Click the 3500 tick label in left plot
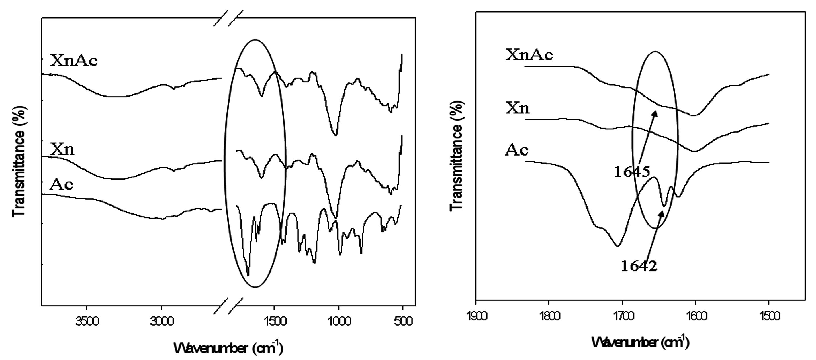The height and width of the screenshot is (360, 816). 87,321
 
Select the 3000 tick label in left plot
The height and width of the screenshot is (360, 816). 162,321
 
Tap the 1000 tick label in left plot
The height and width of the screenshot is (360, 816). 339,321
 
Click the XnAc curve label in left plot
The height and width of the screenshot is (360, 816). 74,60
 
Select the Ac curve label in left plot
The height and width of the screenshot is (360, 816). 61,185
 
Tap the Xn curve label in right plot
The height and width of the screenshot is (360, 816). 517,108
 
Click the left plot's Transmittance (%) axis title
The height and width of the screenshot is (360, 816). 18,162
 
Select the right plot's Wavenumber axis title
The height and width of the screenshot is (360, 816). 641,342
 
